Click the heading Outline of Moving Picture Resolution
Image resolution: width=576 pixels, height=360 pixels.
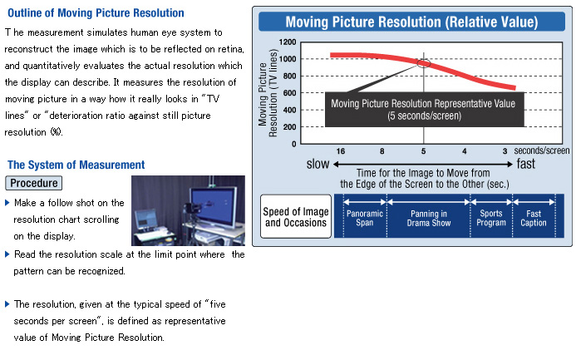pos(96,12)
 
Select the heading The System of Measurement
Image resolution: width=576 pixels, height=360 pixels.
pos(76,165)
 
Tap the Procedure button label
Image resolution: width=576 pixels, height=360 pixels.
pos(34,183)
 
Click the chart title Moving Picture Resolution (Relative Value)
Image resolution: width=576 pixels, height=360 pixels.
pos(411,22)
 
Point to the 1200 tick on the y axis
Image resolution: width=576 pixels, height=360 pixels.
pos(288,42)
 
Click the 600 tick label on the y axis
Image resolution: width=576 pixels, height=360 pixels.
pos(289,93)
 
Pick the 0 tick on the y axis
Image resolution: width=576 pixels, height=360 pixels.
pos(293,144)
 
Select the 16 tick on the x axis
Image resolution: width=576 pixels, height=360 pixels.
pos(341,151)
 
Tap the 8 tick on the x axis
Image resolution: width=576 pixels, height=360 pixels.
pos(382,151)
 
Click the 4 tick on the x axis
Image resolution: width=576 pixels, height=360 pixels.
pos(465,151)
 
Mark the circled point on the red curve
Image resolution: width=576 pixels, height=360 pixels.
pos(424,63)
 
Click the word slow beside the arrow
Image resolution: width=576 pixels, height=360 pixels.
pos(318,164)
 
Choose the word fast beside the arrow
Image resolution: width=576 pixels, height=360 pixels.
pos(525,164)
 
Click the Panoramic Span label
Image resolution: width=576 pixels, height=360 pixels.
pos(364,218)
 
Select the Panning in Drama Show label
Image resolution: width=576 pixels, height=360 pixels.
pos(429,218)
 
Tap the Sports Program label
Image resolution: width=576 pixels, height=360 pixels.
pos(491,218)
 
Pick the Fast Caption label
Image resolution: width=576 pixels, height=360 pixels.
pos(534,218)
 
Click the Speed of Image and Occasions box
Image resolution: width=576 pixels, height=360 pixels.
pos(296,217)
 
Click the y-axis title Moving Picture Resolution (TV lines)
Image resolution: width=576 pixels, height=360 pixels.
pos(268,93)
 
